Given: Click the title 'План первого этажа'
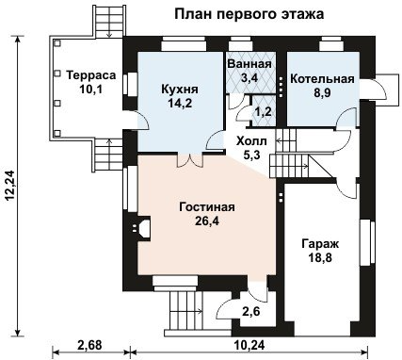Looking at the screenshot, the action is (x=249, y=14).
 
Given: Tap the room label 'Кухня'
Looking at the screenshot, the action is (x=180, y=90).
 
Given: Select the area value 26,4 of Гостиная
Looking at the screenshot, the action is (x=207, y=221).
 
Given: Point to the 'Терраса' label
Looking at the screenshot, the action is (x=91, y=75).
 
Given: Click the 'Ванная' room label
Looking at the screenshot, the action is (x=249, y=64).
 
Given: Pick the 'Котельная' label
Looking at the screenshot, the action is (x=322, y=79).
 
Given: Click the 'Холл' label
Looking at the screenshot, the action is (x=251, y=141).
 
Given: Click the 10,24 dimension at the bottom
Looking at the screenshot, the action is (x=249, y=346).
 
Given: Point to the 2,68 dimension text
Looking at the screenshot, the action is (x=89, y=346).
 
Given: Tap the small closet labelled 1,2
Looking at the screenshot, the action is (x=264, y=111).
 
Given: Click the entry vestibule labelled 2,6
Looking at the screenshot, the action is (x=251, y=312).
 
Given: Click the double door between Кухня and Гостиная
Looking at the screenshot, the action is (x=190, y=159).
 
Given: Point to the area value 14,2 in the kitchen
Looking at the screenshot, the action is (x=180, y=103).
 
